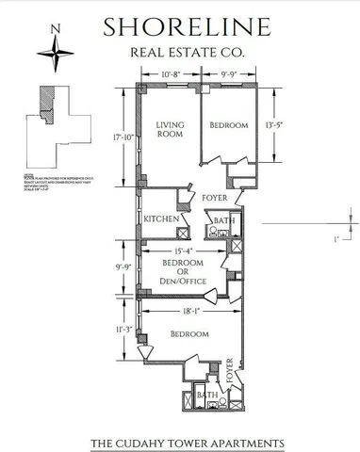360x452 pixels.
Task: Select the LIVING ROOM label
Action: pyautogui.click(x=170, y=130)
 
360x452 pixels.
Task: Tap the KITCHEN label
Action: pyautogui.click(x=161, y=218)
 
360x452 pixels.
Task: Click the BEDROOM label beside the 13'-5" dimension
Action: pyautogui.click(x=228, y=125)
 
